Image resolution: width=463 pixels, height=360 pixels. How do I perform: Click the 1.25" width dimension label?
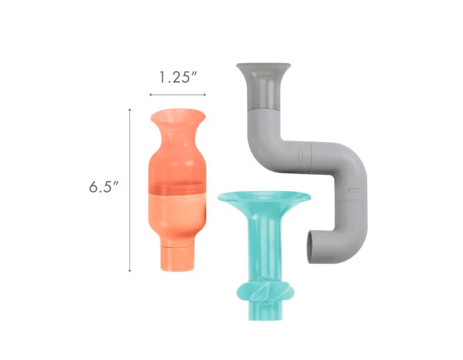pos(178,78)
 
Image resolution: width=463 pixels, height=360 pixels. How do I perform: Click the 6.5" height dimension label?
pos(104,187)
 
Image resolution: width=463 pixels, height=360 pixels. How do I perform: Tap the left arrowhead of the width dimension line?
pos(151,95)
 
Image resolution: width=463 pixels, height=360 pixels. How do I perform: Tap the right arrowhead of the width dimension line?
pos(204,95)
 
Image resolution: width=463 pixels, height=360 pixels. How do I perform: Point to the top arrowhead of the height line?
pos(129,110)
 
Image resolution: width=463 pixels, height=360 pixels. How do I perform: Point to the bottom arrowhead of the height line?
pos(129,270)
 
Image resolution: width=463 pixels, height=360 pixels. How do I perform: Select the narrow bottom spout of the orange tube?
pos(177,258)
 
